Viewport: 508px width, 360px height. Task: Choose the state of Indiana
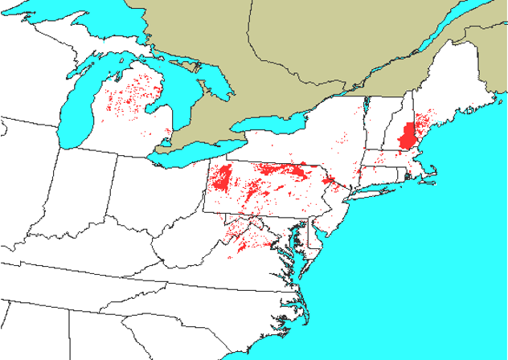click(88, 201)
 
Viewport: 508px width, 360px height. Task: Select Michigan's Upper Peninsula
click(88, 48)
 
